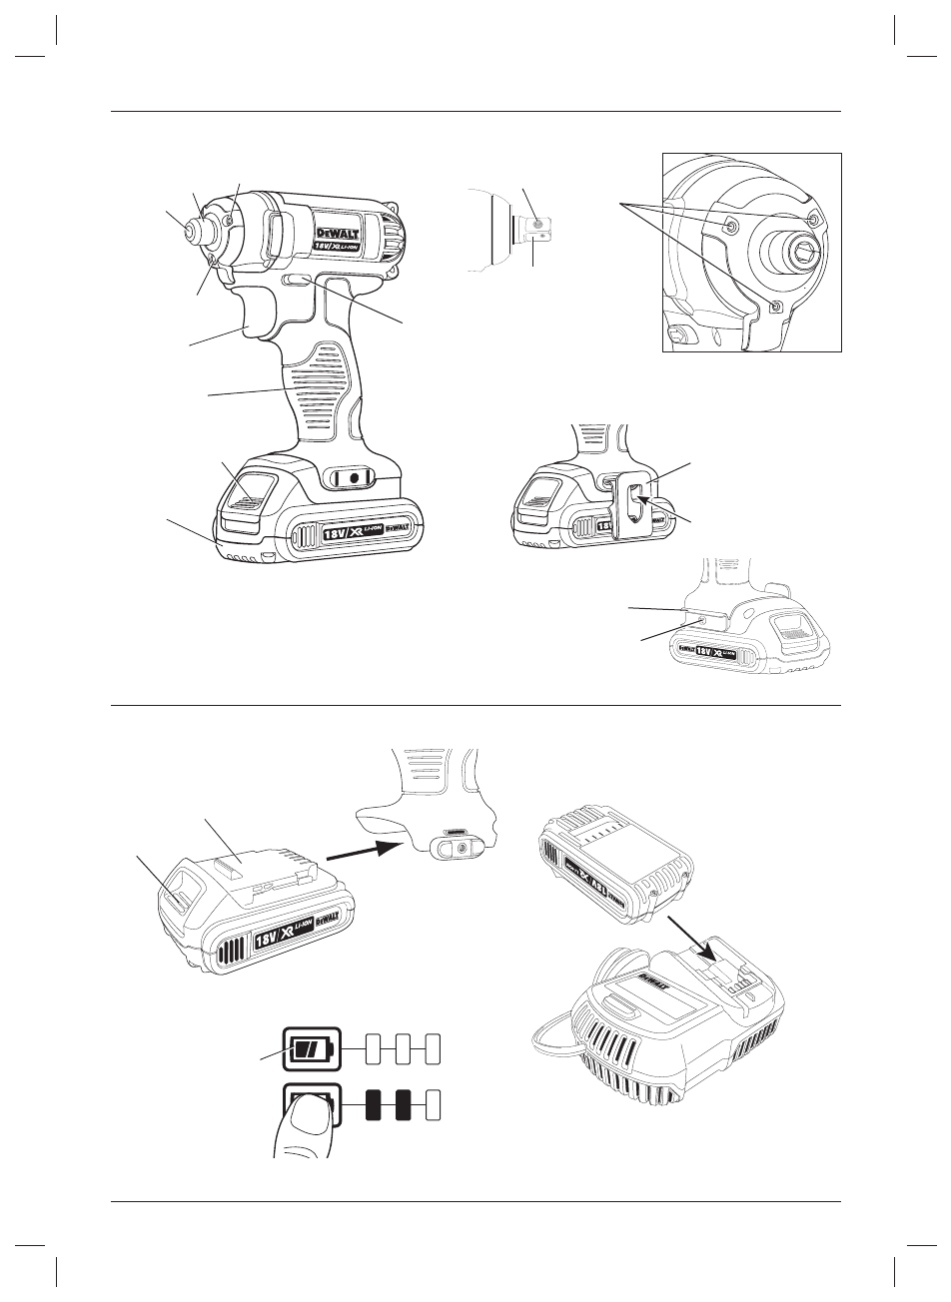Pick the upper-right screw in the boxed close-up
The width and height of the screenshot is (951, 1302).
(812, 220)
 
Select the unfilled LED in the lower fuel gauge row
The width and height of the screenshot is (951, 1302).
(433, 1104)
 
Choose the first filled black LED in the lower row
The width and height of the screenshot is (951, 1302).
(373, 1104)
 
